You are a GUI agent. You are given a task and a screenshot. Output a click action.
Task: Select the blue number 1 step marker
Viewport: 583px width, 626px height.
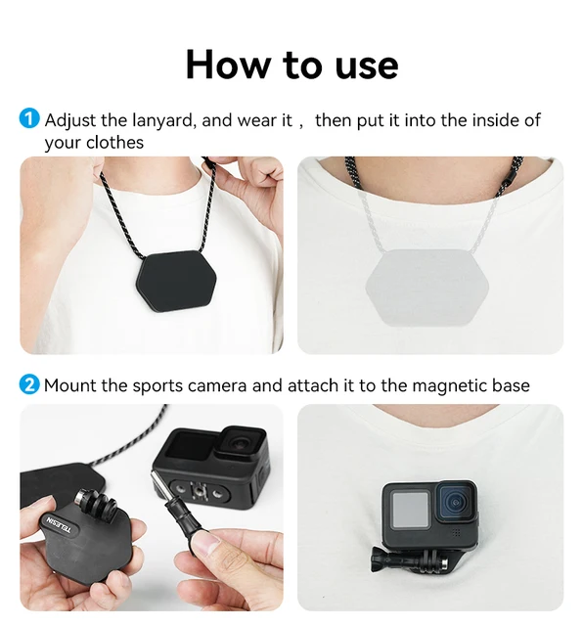coord(29,120)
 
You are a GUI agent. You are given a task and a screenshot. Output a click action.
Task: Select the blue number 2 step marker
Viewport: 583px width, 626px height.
coord(29,384)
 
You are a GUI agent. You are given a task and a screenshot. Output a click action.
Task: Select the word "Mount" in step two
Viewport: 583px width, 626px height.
coord(70,385)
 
